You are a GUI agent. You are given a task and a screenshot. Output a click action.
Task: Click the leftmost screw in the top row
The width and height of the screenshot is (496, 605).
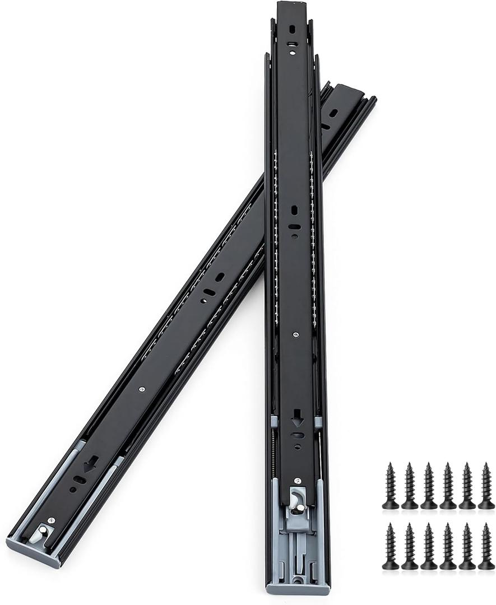coord(391,486)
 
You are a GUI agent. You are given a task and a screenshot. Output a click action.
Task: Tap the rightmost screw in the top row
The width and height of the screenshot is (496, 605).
coord(486,486)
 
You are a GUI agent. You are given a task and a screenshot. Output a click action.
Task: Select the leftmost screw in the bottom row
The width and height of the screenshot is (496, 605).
coord(391,546)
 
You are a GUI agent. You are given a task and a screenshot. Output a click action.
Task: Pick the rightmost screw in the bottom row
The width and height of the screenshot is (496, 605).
coord(486,546)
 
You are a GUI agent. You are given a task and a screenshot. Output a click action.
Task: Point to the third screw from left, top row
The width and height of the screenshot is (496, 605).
coord(429,486)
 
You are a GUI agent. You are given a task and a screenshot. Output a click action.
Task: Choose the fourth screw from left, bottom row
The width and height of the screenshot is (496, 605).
coord(448,546)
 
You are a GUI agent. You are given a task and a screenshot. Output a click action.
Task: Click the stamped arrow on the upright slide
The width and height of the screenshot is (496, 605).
coord(297,418)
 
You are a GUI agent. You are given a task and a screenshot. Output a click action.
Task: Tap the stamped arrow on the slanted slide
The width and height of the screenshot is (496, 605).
coord(90,464)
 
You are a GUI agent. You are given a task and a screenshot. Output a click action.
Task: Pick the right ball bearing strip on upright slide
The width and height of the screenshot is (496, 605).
coord(312,235)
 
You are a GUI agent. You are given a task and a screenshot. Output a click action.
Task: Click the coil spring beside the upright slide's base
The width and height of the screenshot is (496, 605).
coord(273,448)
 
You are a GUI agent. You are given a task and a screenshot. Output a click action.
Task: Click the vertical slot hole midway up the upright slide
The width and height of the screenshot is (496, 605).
coord(294,211)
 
